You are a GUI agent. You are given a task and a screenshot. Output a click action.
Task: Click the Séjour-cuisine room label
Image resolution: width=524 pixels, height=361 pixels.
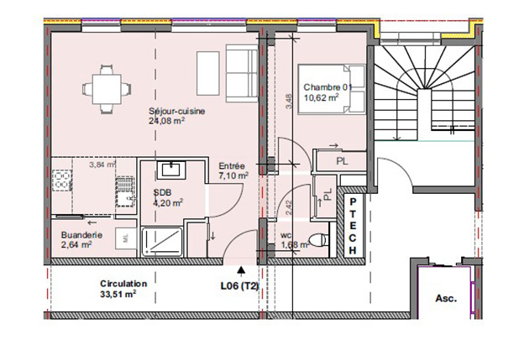[x=177, y=111]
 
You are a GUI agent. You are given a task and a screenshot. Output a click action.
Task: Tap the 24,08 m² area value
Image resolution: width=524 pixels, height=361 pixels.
[x=167, y=121]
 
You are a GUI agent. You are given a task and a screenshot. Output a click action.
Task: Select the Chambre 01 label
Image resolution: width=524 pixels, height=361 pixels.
[x=322, y=87]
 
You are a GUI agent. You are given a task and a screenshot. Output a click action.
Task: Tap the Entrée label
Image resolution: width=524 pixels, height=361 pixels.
[x=232, y=166]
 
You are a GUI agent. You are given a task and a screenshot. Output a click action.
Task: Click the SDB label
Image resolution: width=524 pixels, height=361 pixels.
[x=162, y=191]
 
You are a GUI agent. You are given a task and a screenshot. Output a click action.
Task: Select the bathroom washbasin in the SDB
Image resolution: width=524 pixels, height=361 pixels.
[x=173, y=170]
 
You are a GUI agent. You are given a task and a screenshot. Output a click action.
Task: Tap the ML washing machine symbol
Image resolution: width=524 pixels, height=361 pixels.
[x=125, y=239]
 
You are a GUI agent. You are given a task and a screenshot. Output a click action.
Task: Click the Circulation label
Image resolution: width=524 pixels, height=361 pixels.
[x=123, y=284]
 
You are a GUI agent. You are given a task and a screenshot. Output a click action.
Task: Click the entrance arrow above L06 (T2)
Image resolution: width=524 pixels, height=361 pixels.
[x=243, y=271]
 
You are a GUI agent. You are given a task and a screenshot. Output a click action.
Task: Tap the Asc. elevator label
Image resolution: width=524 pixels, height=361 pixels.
[x=445, y=298]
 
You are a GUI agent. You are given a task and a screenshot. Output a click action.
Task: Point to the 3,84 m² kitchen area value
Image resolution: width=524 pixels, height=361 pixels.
[x=103, y=165]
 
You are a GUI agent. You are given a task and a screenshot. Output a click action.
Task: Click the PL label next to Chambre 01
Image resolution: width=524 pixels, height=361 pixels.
[x=341, y=159]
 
